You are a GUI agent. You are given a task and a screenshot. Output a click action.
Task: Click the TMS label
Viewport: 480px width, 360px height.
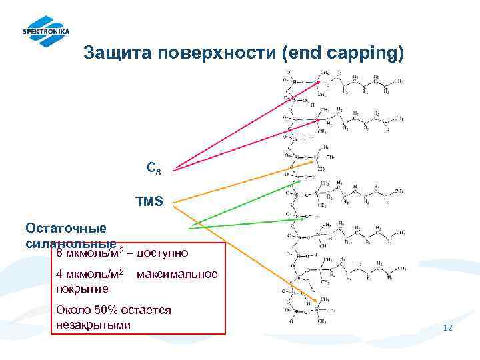149,201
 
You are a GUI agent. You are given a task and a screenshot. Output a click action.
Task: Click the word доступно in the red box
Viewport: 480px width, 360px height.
164,253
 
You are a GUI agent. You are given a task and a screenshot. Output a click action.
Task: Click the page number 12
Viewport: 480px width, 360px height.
447,328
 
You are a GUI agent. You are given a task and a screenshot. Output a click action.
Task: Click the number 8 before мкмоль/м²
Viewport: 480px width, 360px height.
59,253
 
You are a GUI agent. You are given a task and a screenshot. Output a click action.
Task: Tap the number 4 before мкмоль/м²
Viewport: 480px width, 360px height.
59,274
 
